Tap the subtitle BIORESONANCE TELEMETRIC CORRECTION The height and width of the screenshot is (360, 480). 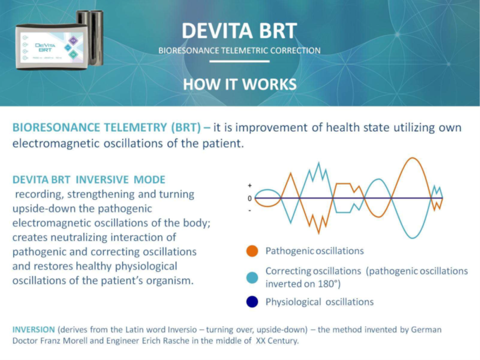point(239,51)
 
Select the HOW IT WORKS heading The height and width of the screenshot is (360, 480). point(239,84)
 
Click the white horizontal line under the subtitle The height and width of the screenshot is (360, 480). point(239,62)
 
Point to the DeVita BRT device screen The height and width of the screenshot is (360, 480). point(51,47)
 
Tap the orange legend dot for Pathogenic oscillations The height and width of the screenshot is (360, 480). point(252,251)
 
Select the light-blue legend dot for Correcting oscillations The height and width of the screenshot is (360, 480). point(252,277)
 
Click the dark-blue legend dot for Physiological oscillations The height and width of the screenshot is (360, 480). point(252,302)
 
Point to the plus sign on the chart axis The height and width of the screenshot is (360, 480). point(250,186)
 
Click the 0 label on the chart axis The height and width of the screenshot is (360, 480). point(250,198)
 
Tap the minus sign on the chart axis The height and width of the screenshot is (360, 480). point(250,209)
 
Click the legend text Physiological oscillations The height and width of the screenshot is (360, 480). point(319,302)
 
